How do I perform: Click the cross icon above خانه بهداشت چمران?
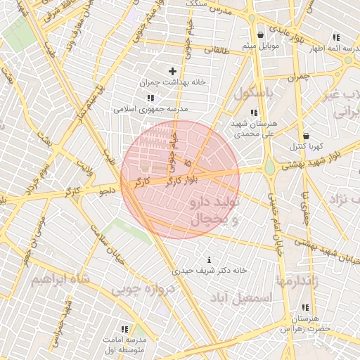pyautogui.click(x=172, y=71)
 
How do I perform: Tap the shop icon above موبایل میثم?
pyautogui.click(x=261, y=34)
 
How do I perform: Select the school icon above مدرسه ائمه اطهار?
pyautogui.click(x=336, y=37)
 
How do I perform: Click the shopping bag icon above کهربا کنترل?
pyautogui.click(x=305, y=136)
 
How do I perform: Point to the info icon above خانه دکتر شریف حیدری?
pyautogui.click(x=209, y=260)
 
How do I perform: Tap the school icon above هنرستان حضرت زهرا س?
pyautogui.click(x=305, y=308)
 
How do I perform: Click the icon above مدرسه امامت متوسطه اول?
pyautogui.click(x=124, y=329)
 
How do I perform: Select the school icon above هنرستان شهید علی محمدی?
pyautogui.click(x=254, y=112)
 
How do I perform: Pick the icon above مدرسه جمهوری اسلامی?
pyautogui.click(x=149, y=98)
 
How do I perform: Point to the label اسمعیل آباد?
pyautogui.click(x=246, y=298)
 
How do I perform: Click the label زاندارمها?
pyautogui.click(x=298, y=281)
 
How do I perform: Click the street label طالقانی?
pyautogui.click(x=217, y=50)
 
